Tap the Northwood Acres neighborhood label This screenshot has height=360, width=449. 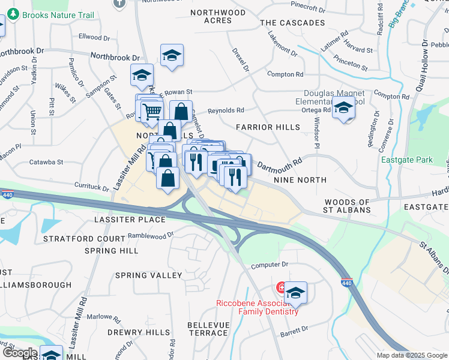[218, 16]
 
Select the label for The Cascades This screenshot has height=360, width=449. [292, 23]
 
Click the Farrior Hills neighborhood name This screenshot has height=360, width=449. [268, 127]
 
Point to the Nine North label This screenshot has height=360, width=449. [300, 179]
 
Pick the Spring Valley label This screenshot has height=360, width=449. [148, 275]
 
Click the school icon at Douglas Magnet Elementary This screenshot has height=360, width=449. [343, 109]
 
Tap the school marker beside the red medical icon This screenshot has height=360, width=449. [295, 293]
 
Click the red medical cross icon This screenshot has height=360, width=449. [280, 288]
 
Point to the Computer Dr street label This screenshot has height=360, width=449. [270, 265]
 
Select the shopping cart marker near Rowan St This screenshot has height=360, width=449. [151, 110]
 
